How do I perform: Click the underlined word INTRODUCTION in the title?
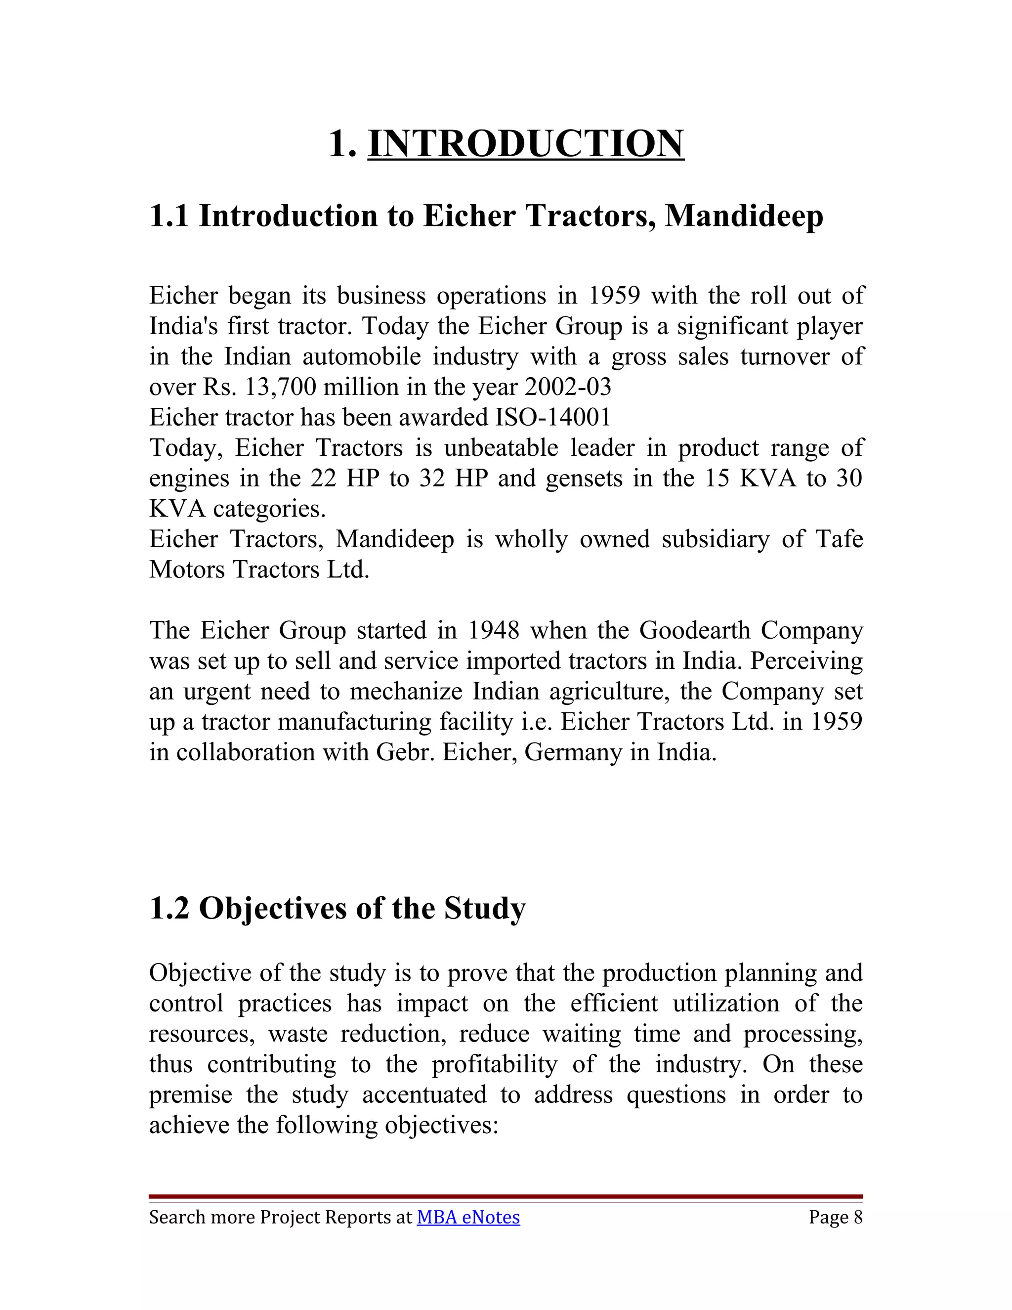pos(525,144)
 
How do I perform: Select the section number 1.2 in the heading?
pos(169,908)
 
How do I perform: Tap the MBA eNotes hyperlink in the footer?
pos(468,1217)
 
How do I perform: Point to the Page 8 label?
pos(835,1217)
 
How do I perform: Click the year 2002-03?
pos(568,387)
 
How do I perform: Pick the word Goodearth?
pos(694,630)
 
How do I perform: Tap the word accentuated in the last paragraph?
pos(424,1094)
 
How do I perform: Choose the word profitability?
pos(495,1064)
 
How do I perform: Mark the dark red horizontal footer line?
pos(506,1196)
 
